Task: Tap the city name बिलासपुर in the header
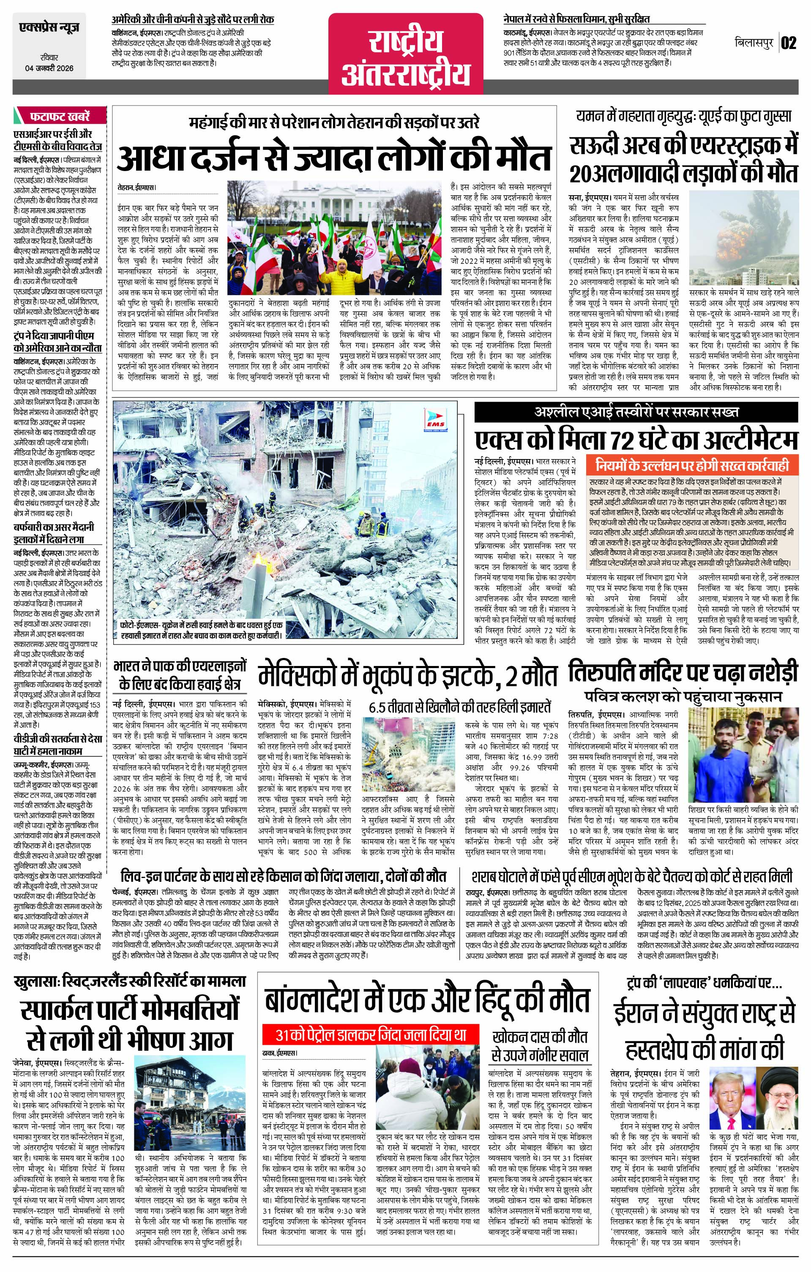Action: (x=755, y=43)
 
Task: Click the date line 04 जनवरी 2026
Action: (x=48, y=68)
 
